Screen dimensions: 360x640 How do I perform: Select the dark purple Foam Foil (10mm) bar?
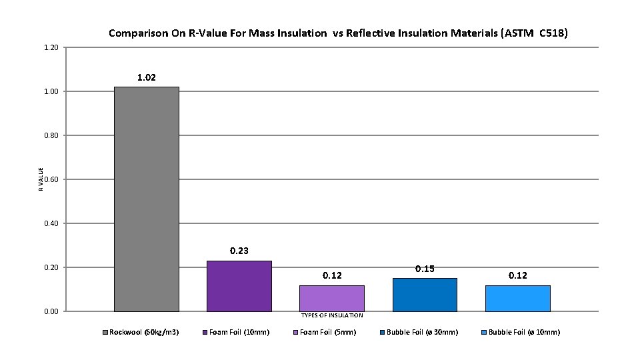pyautogui.click(x=239, y=286)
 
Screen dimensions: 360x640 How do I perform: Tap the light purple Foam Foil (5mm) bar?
pyautogui.click(x=331, y=298)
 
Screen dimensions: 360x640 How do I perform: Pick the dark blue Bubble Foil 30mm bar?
pyautogui.click(x=425, y=295)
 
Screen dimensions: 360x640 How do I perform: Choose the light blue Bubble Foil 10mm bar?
pyautogui.click(x=517, y=298)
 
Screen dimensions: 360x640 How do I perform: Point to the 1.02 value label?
pyautogui.click(x=147, y=78)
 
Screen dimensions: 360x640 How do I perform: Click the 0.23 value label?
pyautogui.click(x=239, y=251)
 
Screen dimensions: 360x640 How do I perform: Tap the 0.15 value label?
pyautogui.click(x=425, y=269)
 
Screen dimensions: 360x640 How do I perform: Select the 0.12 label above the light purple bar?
pyautogui.click(x=332, y=275)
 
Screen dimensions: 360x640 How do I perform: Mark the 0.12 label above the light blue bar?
pyautogui.click(x=518, y=275)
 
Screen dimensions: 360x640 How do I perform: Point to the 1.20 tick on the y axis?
pyautogui.click(x=51, y=47)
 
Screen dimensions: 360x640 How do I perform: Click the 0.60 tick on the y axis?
pyautogui.click(x=51, y=179)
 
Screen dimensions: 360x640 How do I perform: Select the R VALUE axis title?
pyautogui.click(x=41, y=179)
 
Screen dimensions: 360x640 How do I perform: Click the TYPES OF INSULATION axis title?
pyautogui.click(x=332, y=315)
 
